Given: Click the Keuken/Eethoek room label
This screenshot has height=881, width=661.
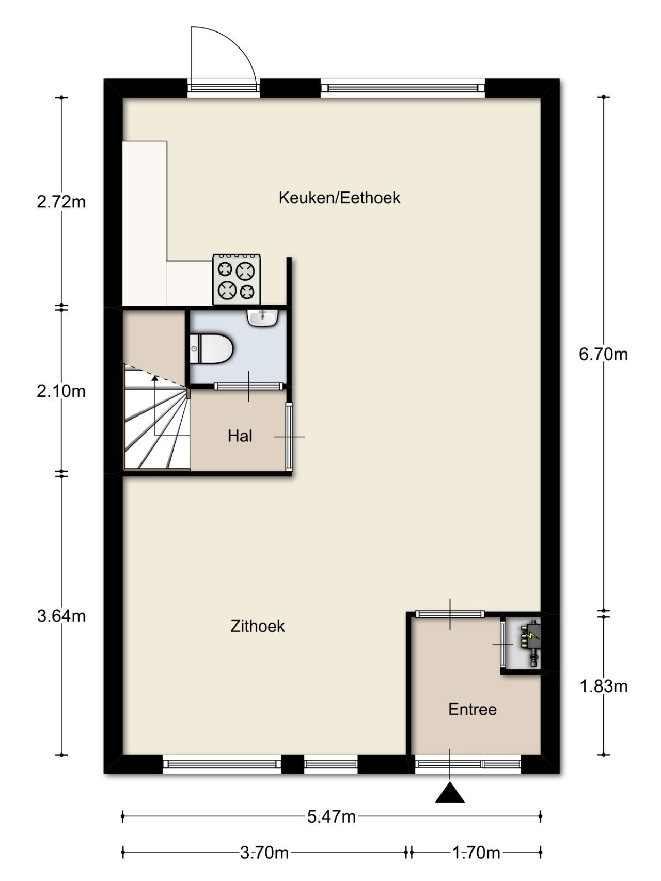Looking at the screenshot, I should point(339,198).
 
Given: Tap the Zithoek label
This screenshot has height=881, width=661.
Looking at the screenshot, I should point(257,626).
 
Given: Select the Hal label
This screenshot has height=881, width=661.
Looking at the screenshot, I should point(240,436).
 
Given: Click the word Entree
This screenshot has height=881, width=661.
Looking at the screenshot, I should point(472,709).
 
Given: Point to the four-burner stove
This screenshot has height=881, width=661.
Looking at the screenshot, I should point(237,279).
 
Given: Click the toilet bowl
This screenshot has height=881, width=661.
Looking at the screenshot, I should point(213,348).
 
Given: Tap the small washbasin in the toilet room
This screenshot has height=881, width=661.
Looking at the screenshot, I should point(263,317).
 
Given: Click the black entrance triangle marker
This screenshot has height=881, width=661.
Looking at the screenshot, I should point(449,793).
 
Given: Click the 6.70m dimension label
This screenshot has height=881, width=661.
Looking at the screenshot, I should point(603,355).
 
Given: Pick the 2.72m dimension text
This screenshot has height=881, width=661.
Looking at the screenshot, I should point(61,202).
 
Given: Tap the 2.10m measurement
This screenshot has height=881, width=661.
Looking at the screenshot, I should point(61,391).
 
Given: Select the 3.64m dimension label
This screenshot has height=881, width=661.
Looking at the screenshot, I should point(61,616).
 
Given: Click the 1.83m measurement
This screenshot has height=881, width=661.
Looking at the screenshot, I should point(603,686).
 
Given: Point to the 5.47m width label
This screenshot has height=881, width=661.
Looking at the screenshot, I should point(331,816).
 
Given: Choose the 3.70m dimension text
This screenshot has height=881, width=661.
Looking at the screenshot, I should point(264,853).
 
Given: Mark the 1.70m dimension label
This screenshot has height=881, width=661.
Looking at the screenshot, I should point(476,853).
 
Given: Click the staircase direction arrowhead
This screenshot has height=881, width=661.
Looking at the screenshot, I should point(154,378).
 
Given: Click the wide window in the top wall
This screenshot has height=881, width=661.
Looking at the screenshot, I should point(403,88).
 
